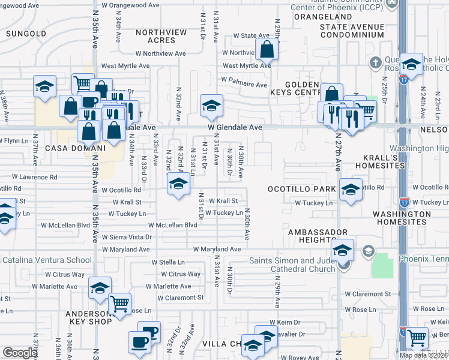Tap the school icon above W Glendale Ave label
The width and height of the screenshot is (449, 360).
(211, 106)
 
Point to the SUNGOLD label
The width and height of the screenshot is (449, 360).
(26, 34)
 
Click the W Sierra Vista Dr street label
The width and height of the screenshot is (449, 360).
(126, 237)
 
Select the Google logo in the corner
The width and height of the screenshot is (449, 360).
(20, 353)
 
